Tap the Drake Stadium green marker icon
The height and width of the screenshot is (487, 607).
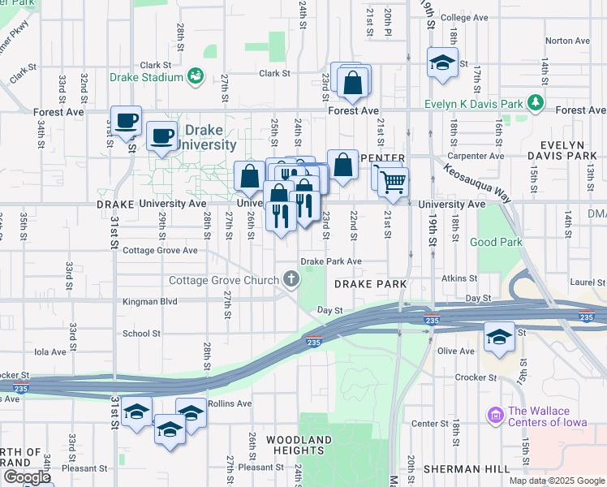coord(195,77)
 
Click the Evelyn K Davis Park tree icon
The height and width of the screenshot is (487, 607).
coord(535,102)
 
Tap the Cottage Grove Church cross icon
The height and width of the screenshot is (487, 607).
coord(291,281)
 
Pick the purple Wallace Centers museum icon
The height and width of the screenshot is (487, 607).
coord(495,416)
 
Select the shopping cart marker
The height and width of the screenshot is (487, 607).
coord(393,182)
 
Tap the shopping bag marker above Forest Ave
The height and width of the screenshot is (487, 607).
coord(353,82)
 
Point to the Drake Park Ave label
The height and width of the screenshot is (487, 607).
coord(331,261)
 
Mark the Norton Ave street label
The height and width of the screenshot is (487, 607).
coord(567,41)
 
